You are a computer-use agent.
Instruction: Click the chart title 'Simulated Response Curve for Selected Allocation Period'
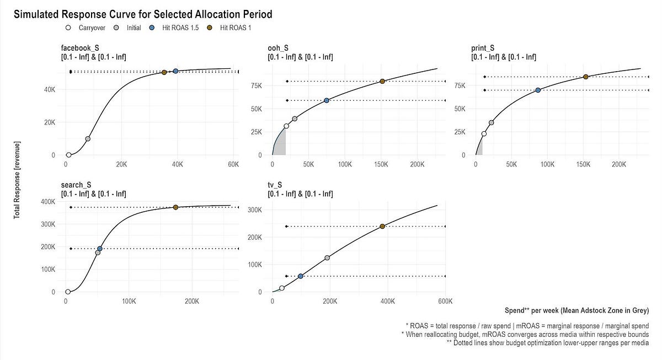pos(142,14)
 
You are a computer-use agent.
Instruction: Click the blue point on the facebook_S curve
pos(176,71)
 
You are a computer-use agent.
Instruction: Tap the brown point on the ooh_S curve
pos(382,81)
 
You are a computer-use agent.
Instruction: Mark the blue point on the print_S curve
pos(538,90)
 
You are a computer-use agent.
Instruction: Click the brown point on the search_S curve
pos(175,207)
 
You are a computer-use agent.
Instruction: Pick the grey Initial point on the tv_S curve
pos(327,258)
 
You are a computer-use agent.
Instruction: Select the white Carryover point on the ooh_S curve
pos(286,126)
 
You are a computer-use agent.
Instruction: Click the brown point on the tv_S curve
pos(382,226)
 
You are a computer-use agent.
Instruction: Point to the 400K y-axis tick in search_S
pos(47,202)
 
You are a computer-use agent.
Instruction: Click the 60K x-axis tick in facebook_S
pos(233,164)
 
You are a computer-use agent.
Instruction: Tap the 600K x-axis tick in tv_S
pos(445,301)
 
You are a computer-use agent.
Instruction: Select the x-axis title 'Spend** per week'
pos(576,311)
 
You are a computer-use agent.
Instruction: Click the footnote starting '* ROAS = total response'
pos(527,326)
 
